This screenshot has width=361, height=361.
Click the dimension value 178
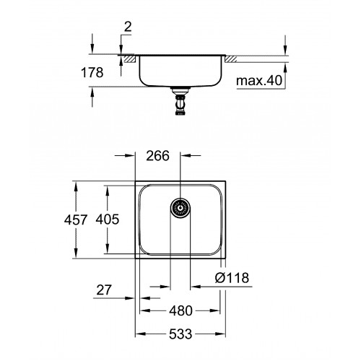(x=92, y=72)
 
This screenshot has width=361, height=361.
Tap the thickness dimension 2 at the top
(x=128, y=27)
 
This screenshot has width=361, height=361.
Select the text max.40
(x=259, y=80)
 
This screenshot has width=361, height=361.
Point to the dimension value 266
(x=158, y=156)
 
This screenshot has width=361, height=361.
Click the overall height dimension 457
(x=76, y=219)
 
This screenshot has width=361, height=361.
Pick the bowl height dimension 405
(x=108, y=219)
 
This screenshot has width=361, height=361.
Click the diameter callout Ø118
(x=232, y=278)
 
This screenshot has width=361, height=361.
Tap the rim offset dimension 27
(x=104, y=290)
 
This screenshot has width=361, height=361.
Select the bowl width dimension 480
(x=180, y=310)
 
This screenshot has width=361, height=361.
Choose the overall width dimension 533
(x=180, y=334)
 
